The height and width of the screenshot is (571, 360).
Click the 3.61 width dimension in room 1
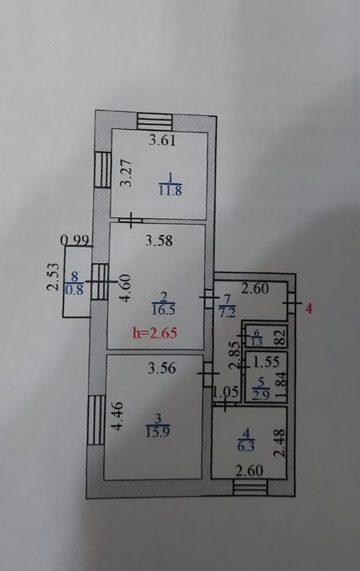coord(162,141)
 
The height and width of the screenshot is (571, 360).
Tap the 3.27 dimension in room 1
coord(126,173)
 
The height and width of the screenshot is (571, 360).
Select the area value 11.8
coord(171,190)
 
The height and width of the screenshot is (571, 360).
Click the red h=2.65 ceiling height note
coord(155,332)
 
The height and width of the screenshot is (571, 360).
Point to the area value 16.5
coord(163,310)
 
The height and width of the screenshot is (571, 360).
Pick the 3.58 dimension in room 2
coord(159,241)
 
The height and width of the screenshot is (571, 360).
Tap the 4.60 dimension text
coord(126,288)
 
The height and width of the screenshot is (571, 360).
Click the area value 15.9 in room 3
coord(158,432)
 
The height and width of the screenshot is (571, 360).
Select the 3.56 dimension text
coord(162,368)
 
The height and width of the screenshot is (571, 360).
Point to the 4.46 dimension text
coord(118,416)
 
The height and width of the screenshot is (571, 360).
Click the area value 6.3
coord(246,446)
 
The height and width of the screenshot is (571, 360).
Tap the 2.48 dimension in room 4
coord(279,444)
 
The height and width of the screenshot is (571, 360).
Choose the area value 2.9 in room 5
coord(261,395)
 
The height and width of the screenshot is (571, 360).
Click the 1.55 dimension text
coord(266,362)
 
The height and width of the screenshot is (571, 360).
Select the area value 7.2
coord(227,313)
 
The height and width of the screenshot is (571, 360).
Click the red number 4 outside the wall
coord(309,309)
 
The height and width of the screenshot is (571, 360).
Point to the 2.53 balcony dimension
coord(53,277)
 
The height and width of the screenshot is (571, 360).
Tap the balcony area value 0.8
coord(74,289)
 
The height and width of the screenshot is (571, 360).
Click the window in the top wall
coord(154,121)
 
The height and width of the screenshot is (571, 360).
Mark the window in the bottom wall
coord(250,488)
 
